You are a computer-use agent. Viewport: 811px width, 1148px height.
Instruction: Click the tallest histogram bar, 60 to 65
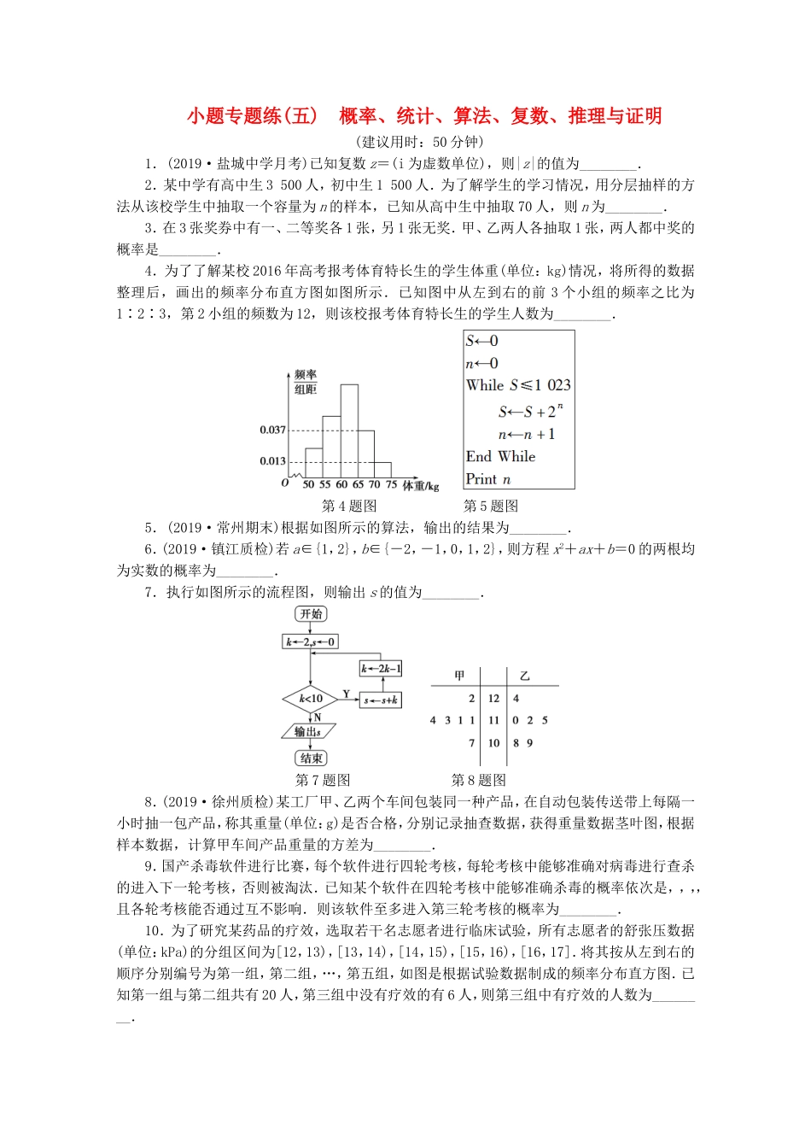pyautogui.click(x=349, y=431)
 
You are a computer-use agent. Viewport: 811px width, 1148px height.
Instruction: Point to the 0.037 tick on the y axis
pyautogui.click(x=273, y=430)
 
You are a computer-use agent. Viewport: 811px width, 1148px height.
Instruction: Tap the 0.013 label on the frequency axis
pyautogui.click(x=273, y=461)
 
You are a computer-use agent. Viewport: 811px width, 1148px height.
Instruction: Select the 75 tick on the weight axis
pyautogui.click(x=391, y=484)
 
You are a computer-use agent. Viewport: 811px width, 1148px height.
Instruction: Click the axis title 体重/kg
pyautogui.click(x=420, y=485)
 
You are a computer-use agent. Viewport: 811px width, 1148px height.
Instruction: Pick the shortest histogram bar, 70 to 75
pyautogui.click(x=382, y=470)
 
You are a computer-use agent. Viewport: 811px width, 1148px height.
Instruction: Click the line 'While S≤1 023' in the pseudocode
pyautogui.click(x=518, y=385)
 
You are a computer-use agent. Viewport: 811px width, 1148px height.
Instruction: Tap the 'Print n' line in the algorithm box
pyautogui.click(x=488, y=479)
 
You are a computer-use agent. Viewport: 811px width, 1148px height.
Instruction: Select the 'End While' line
pyautogui.click(x=500, y=457)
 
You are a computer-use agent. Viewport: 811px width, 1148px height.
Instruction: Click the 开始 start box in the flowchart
pyautogui.click(x=311, y=614)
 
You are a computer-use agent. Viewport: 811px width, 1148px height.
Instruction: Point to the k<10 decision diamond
pyautogui.click(x=311, y=699)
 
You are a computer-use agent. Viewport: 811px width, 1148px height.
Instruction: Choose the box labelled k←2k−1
pyautogui.click(x=381, y=669)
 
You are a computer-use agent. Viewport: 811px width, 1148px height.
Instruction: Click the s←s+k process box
pyautogui.click(x=381, y=700)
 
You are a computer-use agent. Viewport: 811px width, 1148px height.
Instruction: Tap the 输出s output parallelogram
pyautogui.click(x=308, y=732)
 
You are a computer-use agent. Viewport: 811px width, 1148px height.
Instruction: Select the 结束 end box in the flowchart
pyautogui.click(x=311, y=758)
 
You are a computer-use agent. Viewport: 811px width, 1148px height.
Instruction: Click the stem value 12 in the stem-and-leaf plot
pyautogui.click(x=493, y=699)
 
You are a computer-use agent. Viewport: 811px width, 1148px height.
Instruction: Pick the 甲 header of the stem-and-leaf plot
pyautogui.click(x=459, y=676)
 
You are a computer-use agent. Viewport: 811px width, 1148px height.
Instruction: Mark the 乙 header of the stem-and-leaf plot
pyautogui.click(x=524, y=676)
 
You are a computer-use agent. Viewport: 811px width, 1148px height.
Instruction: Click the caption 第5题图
pyautogui.click(x=491, y=506)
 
